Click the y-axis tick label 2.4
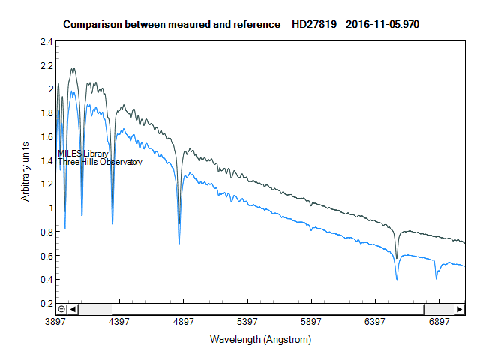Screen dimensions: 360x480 [46, 41]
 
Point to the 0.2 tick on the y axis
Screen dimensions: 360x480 [46, 304]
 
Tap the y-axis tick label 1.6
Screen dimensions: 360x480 [46, 136]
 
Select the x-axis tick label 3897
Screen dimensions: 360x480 [56, 322]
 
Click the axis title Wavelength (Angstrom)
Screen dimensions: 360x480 [260, 339]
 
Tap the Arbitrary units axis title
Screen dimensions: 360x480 [25, 171]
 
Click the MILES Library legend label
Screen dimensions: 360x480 [83, 154]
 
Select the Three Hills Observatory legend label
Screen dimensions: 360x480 [100, 163]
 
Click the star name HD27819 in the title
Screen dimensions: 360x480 [316, 24]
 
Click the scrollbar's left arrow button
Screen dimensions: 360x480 [73, 309]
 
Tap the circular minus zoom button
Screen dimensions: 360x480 [61, 309]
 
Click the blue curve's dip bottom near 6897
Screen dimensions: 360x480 [436, 278]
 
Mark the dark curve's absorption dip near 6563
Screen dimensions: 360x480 [397, 257]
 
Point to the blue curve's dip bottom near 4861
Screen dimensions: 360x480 [179, 243]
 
